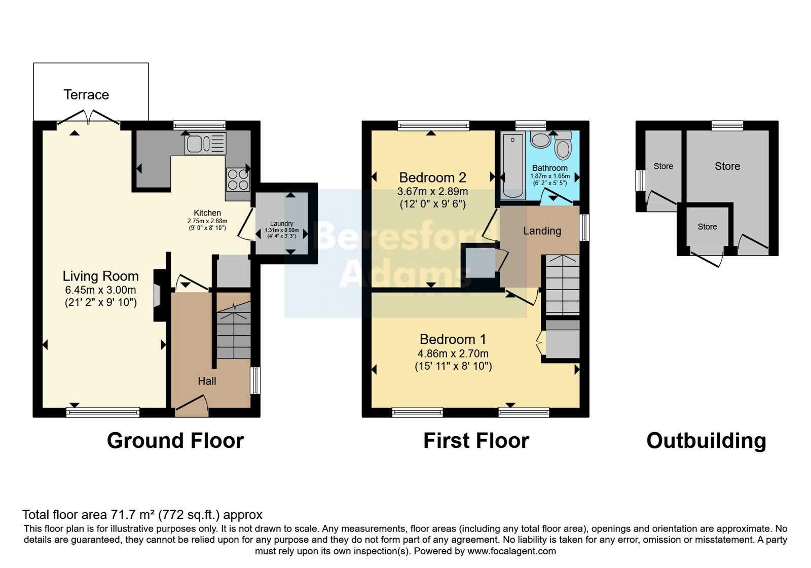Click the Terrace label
[x=86, y=94]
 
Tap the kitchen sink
[x=205, y=144]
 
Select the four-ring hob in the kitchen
[x=238, y=180]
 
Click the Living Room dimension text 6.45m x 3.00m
[x=101, y=290]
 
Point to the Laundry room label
[x=281, y=224]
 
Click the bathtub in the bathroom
[x=513, y=165]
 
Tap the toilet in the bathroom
[x=563, y=146]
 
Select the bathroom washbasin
[x=540, y=140]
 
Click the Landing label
[x=542, y=231]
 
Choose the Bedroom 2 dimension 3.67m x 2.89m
[x=433, y=191]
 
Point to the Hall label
[x=207, y=381]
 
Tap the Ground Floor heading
[x=175, y=441]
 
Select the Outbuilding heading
[x=706, y=441]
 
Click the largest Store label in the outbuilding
[x=727, y=166]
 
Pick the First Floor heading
[x=476, y=441]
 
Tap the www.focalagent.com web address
[x=511, y=551]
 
